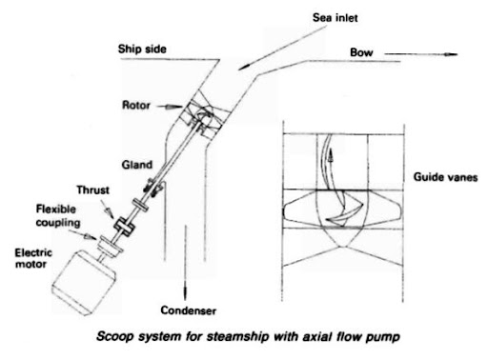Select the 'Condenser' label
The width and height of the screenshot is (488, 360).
(x=187, y=310)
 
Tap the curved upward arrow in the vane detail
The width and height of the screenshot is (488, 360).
(x=331, y=163)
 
